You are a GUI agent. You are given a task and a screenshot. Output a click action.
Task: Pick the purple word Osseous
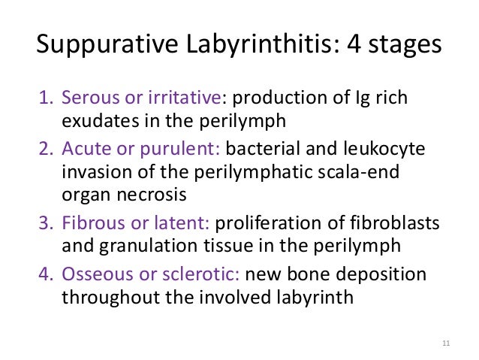click(95, 274)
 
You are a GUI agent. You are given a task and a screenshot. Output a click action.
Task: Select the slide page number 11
click(446, 345)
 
